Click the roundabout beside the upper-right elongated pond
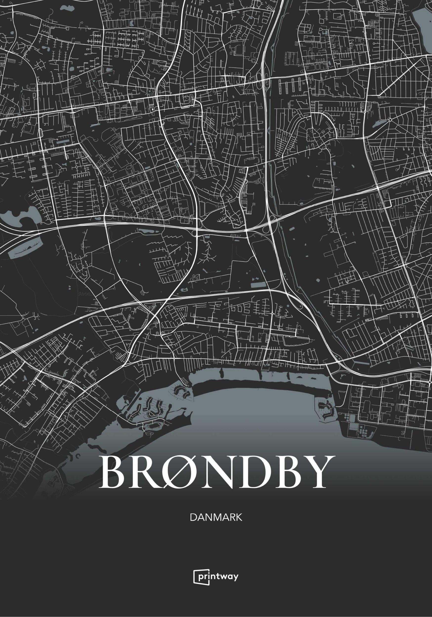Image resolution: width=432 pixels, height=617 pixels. (x=390, y=120)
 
